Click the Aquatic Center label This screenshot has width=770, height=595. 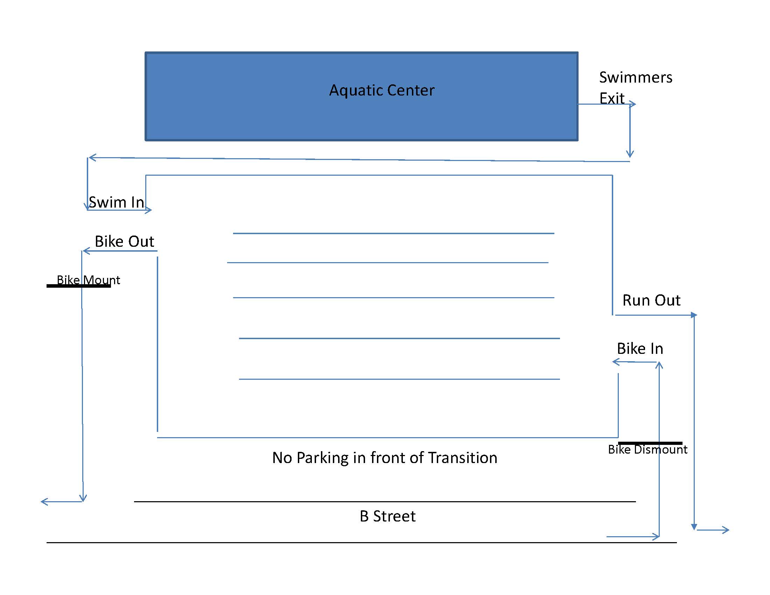click(381, 91)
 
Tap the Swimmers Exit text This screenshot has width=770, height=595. click(636, 87)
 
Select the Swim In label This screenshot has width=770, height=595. click(116, 202)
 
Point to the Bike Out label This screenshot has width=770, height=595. click(125, 241)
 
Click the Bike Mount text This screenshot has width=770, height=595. click(89, 280)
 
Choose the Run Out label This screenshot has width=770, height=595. click(652, 300)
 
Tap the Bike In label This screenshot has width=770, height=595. click(640, 349)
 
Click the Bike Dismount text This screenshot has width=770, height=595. click(647, 449)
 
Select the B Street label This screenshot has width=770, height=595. click(387, 516)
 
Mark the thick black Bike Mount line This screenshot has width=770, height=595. click(79, 286)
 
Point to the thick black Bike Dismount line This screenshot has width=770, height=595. click(650, 443)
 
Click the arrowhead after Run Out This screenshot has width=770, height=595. click(694, 315)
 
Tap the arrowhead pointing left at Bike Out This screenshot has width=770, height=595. click(86, 251)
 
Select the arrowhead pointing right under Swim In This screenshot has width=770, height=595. click(149, 210)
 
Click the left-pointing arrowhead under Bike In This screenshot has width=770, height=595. click(616, 362)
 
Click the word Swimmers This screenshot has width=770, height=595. click(636, 77)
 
